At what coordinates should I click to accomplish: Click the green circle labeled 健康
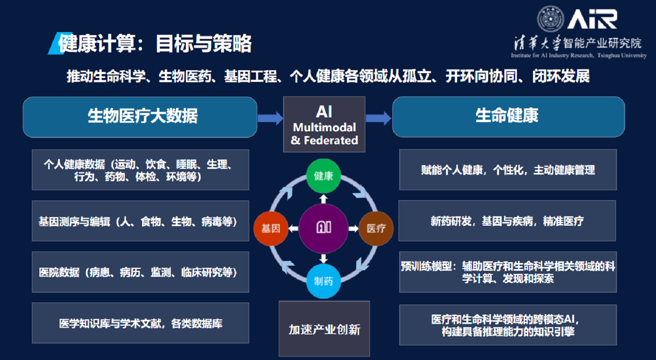[323, 176]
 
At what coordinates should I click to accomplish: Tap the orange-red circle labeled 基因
[271, 228]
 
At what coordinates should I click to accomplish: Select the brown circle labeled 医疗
[376, 228]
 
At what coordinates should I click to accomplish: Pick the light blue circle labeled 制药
[323, 281]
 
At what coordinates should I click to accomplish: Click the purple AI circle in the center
[323, 228]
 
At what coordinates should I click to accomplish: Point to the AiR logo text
[592, 19]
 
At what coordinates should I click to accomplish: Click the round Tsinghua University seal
[550, 19]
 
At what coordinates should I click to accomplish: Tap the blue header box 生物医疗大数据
[140, 117]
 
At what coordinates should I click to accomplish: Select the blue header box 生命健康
[508, 117]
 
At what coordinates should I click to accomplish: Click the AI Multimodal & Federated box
[324, 124]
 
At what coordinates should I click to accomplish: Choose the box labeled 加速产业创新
[324, 329]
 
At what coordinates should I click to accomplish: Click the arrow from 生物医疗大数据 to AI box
[270, 118]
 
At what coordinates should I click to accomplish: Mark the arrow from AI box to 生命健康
[378, 118]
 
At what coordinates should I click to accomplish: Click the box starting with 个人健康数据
[140, 170]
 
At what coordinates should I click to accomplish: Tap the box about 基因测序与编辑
[140, 221]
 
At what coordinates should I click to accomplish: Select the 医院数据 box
[140, 272]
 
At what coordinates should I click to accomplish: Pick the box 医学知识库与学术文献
[140, 323]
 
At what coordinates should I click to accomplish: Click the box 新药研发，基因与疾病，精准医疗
[507, 221]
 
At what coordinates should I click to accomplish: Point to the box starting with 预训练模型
[508, 272]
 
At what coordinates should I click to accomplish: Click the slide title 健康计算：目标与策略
[155, 43]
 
